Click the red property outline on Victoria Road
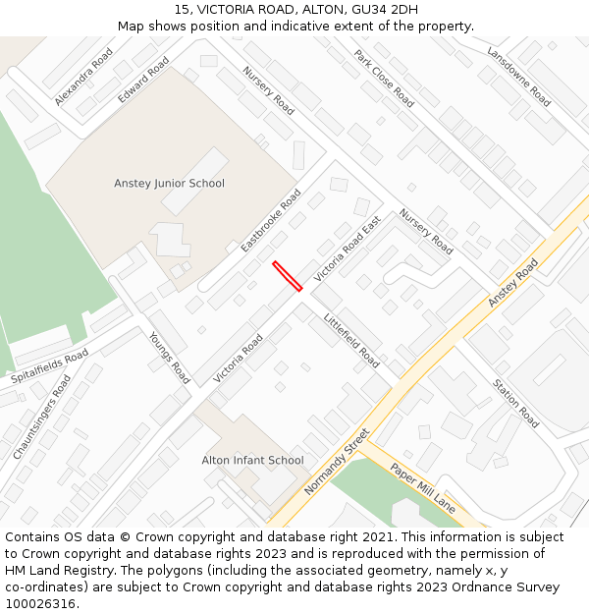tap(287, 275)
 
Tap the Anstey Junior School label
tap(169, 184)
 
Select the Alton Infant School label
tap(252, 460)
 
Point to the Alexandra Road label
tap(84, 78)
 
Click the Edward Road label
tap(143, 80)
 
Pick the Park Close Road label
tap(384, 79)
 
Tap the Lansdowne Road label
tap(518, 77)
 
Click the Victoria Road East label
tap(347, 251)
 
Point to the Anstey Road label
tap(513, 283)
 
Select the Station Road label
tap(516, 403)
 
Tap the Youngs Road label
tap(169, 357)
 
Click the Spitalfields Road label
tap(49, 366)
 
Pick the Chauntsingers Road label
tap(43, 417)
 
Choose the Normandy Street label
tap(337, 462)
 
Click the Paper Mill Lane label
tap(423, 488)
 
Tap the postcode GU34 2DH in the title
tap(383, 10)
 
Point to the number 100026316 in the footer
tap(39, 603)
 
